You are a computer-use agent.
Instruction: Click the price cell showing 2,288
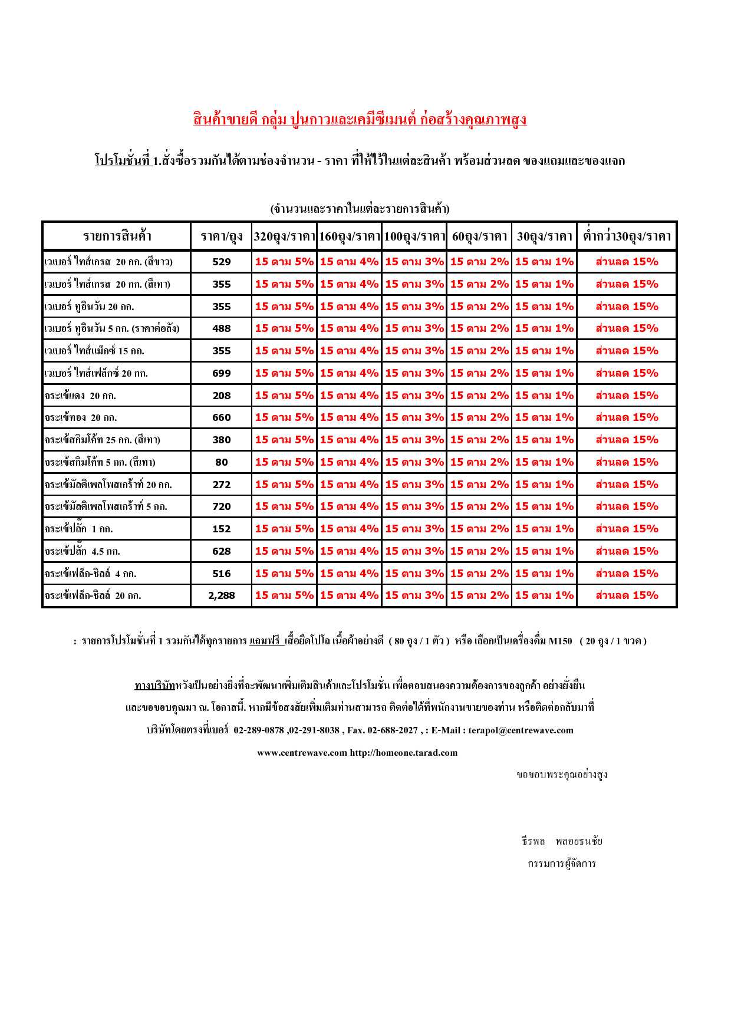(x=222, y=595)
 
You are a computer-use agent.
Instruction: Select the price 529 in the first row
(x=222, y=262)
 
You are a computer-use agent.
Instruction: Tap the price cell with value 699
(x=222, y=373)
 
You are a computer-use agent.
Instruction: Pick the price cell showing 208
(x=222, y=396)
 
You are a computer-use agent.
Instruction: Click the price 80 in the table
(x=222, y=462)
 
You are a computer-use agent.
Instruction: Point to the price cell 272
(x=222, y=485)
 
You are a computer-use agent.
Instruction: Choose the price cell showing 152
(x=222, y=529)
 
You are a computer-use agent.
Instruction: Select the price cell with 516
(x=222, y=574)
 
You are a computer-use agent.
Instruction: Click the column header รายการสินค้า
(x=117, y=236)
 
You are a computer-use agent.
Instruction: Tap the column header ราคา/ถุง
(x=222, y=236)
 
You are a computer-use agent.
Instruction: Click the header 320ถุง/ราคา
(x=284, y=236)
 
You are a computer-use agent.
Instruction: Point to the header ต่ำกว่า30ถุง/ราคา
(x=627, y=236)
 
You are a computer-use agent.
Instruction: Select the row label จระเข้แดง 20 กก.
(x=80, y=396)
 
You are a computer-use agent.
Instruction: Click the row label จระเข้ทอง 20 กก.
(x=81, y=417)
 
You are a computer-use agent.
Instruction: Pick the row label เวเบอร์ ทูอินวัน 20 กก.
(x=89, y=307)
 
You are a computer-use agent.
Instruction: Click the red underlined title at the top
(x=360, y=120)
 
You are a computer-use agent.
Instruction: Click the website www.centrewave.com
(x=302, y=753)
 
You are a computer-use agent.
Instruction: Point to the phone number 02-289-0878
(x=259, y=730)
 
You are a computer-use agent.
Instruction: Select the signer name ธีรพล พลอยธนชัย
(x=562, y=841)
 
